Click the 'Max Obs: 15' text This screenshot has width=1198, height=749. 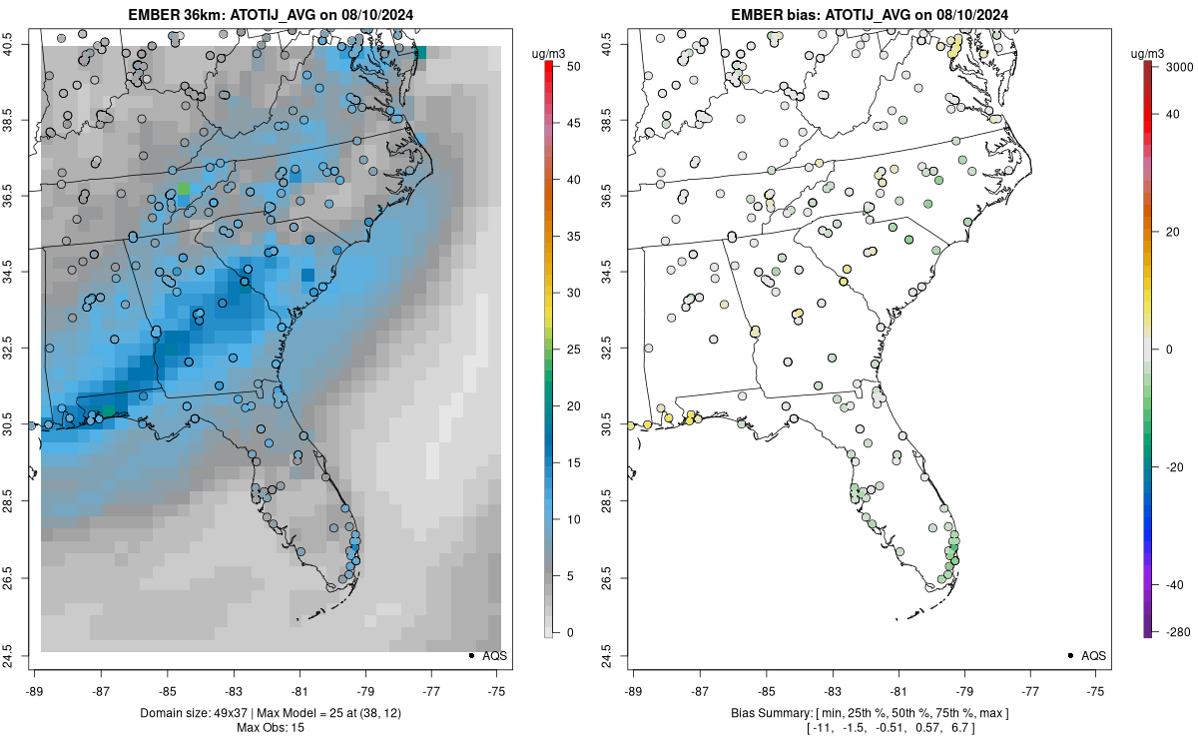[270, 727]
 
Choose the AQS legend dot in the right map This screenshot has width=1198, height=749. [1070, 655]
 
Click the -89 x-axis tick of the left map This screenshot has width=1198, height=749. [35, 689]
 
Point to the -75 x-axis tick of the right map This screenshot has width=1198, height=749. [1096, 689]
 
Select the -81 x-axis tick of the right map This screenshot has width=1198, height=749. [898, 689]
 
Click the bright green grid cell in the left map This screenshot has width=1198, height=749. [182, 189]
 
